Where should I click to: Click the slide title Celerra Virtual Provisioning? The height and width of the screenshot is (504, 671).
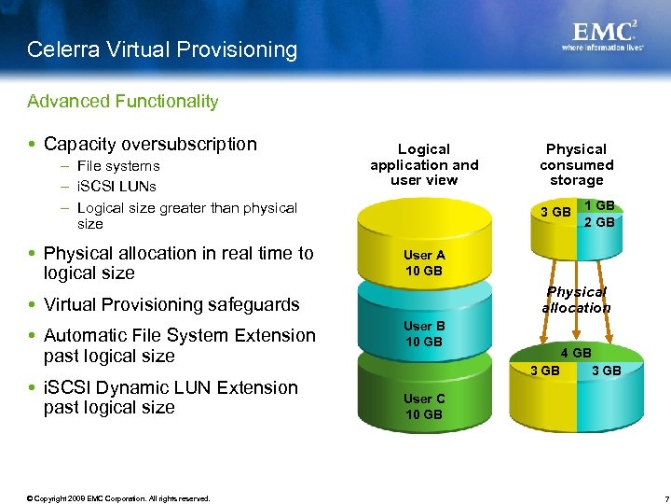[162, 49]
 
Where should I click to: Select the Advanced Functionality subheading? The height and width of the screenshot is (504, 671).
[122, 101]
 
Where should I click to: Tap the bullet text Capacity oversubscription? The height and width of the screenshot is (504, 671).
[150, 144]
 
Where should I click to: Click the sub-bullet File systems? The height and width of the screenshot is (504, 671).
[118, 166]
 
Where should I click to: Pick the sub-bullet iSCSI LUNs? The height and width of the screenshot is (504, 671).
[116, 187]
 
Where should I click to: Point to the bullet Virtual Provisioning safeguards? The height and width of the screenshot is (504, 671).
[171, 304]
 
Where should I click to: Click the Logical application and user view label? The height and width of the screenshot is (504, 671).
[424, 164]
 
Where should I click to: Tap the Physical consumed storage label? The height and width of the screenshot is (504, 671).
[576, 164]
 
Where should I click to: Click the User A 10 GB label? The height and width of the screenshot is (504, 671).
[424, 263]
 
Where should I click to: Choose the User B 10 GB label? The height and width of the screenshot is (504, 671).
[424, 333]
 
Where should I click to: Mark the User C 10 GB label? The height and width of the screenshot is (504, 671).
[424, 406]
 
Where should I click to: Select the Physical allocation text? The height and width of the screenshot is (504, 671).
[576, 300]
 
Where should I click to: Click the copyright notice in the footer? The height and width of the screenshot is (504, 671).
[118, 498]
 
